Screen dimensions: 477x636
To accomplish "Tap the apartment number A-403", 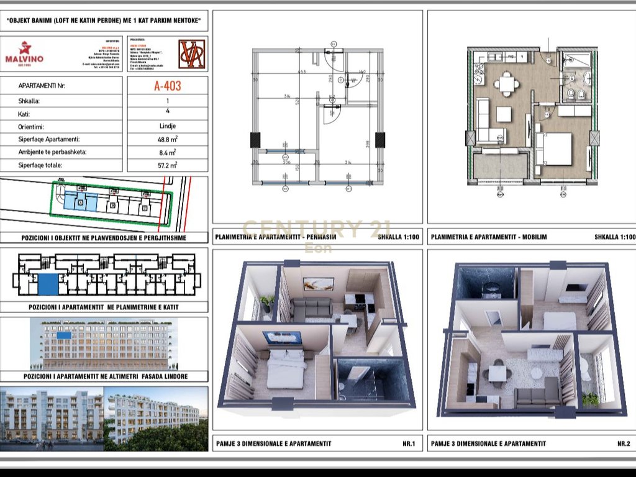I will pos(167,86).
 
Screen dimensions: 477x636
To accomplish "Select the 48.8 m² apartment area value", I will pos(167,140).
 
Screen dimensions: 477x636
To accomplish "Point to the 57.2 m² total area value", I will pos(167,165).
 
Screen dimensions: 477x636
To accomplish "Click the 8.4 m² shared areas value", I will pos(167,152).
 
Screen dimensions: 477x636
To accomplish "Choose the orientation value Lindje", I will pos(167,127).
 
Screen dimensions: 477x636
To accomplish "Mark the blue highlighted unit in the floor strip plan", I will pos(48,284).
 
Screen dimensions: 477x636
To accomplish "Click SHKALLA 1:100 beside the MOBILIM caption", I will pos(614,237).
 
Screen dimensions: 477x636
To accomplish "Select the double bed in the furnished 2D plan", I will pos(554,149).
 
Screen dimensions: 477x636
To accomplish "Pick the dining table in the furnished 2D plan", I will pos(508,83).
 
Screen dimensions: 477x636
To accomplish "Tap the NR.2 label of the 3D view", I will pos(624,443).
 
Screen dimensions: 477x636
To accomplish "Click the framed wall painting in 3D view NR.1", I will pos(318,284).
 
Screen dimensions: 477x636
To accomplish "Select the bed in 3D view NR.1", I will pos(286,369).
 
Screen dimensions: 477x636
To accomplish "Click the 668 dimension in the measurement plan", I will pos(302,72).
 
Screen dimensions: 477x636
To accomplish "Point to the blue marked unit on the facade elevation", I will pos(64,335).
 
